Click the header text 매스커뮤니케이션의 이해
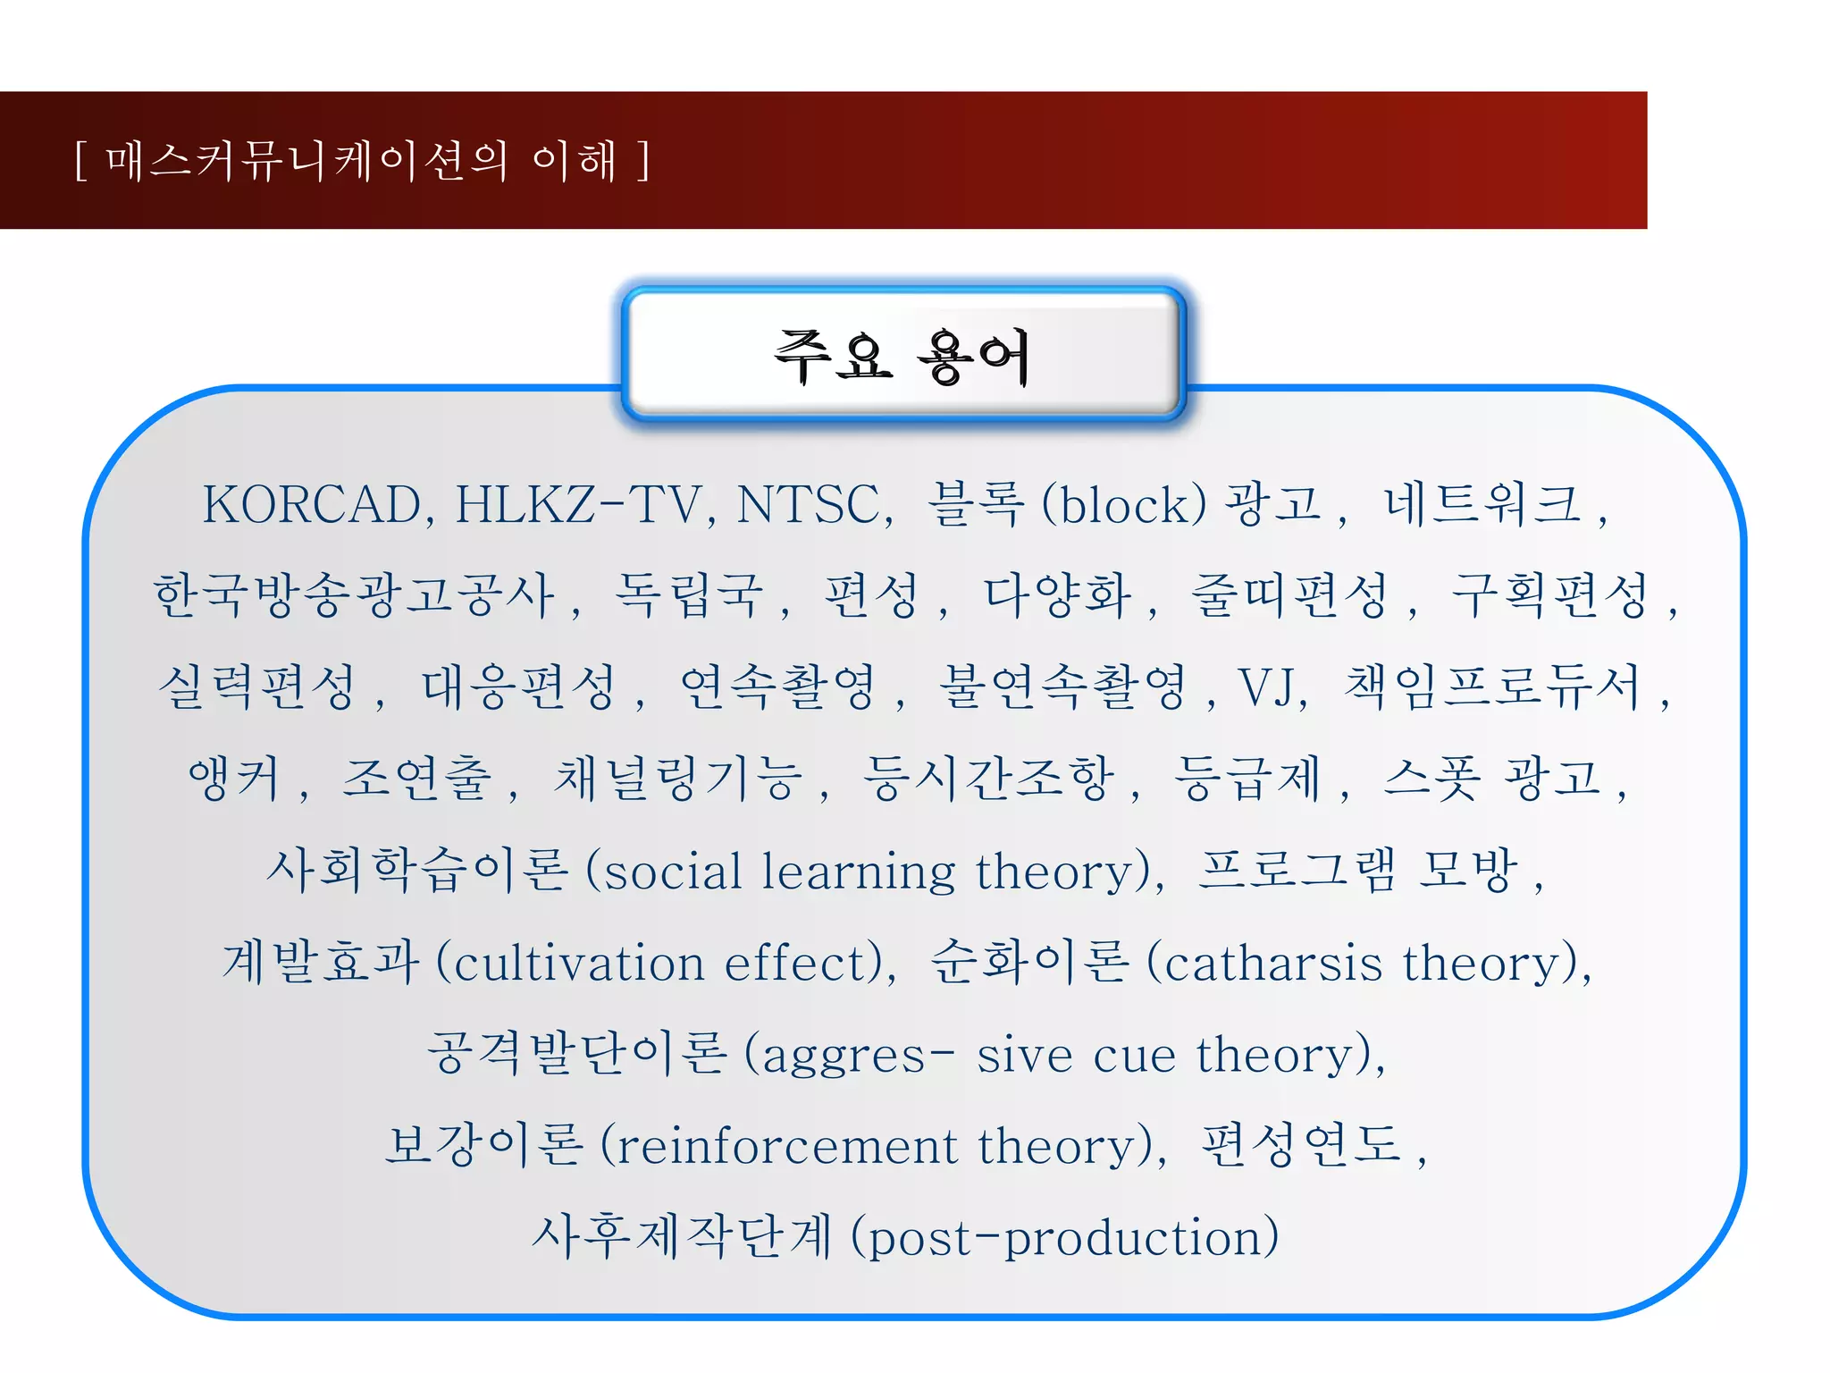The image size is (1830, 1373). point(362,162)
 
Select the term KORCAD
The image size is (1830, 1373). point(312,505)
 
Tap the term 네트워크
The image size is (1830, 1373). point(1482,505)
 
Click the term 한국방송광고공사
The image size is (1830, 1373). point(354,596)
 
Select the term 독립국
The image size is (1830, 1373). point(689,596)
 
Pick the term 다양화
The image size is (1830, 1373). point(1057,596)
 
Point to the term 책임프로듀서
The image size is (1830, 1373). point(1492,688)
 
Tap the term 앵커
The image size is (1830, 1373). point(234,779)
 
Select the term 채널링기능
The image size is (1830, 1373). point(678,779)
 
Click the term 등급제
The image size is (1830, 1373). point(1247,779)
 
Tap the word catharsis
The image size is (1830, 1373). point(1273,964)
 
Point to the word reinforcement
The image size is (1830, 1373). point(787,1146)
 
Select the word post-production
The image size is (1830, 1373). point(1063,1238)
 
